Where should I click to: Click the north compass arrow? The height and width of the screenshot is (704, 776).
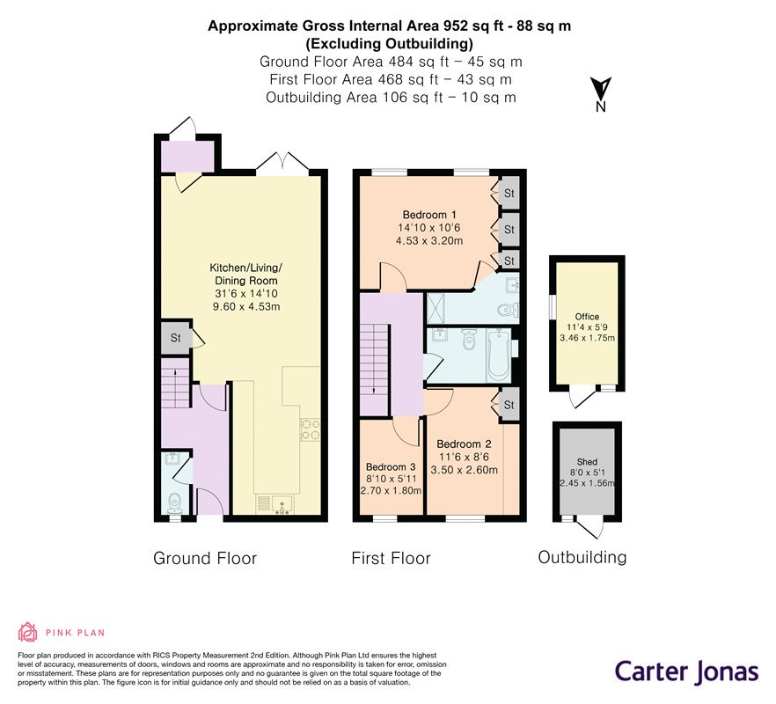click(602, 89)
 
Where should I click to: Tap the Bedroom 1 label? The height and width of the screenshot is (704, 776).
click(429, 215)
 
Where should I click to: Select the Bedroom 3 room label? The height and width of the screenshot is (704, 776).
click(391, 467)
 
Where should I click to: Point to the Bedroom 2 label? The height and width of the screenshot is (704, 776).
click(464, 444)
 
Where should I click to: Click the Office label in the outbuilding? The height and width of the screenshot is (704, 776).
click(587, 317)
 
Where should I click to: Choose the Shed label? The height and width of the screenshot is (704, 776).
click(587, 462)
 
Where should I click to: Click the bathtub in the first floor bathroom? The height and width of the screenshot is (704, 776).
click(498, 356)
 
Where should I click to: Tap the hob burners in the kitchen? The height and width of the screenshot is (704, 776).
click(311, 429)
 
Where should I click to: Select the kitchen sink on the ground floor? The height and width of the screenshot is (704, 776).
click(275, 504)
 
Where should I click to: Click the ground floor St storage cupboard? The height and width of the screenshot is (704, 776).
click(176, 338)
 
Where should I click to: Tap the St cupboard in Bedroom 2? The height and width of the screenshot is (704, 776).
click(509, 405)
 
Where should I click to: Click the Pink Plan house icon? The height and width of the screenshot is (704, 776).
click(28, 632)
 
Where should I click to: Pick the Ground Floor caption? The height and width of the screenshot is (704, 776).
click(205, 559)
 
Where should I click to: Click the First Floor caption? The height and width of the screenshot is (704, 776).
click(391, 559)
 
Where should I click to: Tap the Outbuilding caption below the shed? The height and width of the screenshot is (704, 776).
click(582, 557)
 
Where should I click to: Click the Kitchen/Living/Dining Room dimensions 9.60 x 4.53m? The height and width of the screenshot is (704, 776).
click(246, 306)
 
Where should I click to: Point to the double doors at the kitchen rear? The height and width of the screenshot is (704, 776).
click(282, 163)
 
